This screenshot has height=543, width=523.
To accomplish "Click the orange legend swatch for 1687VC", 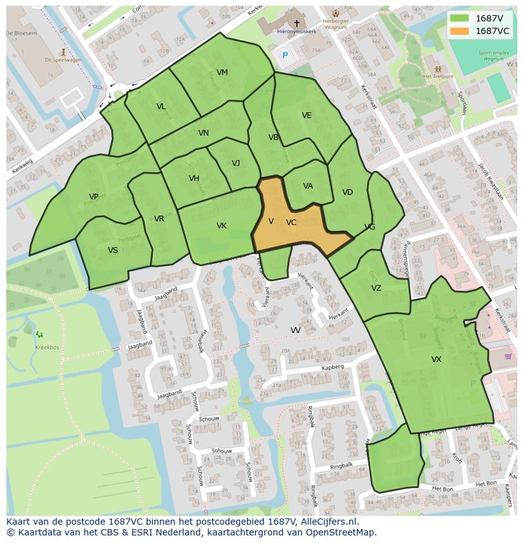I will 460,31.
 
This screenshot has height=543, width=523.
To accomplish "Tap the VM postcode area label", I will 222,73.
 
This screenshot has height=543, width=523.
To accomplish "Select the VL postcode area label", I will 161,107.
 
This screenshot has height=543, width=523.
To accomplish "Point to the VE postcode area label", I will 306,115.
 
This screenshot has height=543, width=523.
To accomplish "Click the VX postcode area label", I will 436,359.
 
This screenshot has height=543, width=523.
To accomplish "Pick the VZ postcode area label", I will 376,288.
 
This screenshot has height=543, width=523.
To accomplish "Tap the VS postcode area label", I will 112,250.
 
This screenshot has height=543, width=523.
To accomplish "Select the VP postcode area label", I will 93,197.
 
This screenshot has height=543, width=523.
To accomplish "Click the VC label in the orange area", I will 291,223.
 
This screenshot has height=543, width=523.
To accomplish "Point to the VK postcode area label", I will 221,226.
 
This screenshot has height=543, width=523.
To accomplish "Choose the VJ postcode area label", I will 236,163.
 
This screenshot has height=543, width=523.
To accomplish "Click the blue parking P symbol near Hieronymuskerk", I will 285,55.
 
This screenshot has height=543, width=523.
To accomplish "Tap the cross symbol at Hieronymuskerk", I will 296,23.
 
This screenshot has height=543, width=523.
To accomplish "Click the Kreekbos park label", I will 47,347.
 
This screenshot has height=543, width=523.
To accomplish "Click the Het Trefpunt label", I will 436,76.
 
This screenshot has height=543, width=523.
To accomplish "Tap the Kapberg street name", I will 332,366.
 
